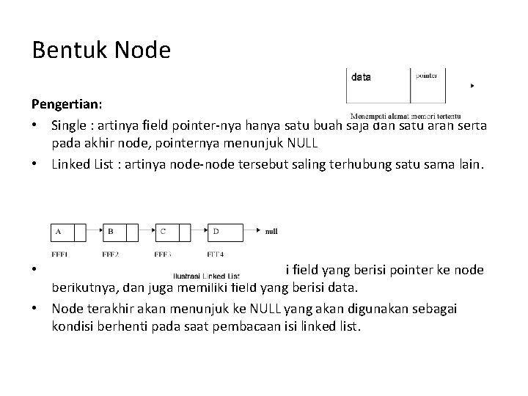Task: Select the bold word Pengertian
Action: click(x=62, y=103)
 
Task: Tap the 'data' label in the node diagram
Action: click(x=362, y=76)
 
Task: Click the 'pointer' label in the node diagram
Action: click(x=427, y=76)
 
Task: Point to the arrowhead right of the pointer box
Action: click(x=472, y=86)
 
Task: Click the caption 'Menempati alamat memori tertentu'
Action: click(x=406, y=116)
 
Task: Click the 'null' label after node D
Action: click(x=271, y=232)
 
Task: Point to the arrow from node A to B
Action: click(x=94, y=232)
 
